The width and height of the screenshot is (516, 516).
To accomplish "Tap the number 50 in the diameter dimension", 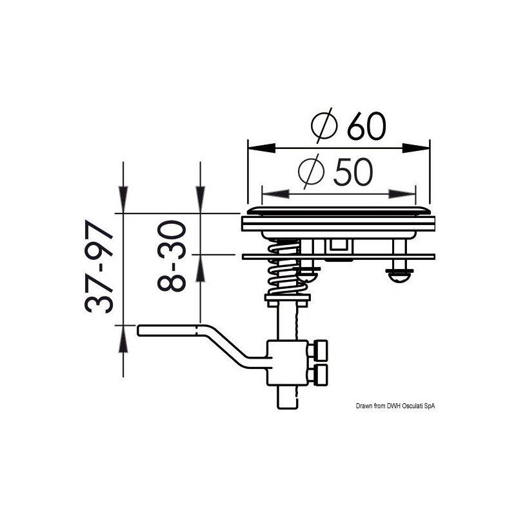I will click(x=352, y=172).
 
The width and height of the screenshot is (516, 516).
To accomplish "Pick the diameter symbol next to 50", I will click(x=312, y=172).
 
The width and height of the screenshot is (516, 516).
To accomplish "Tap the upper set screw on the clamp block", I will click(x=319, y=352).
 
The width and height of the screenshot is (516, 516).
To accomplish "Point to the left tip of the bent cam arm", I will click(x=141, y=330).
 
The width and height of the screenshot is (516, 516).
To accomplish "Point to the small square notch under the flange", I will click(x=337, y=245).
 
